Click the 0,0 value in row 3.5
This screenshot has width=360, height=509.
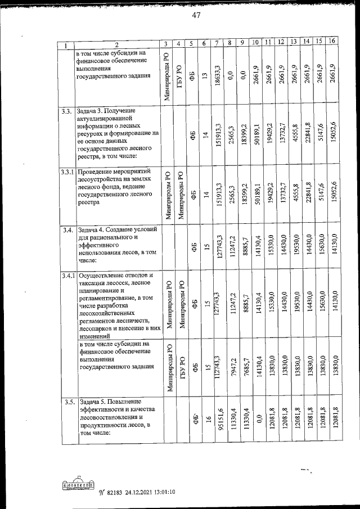click(x=259, y=419)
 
